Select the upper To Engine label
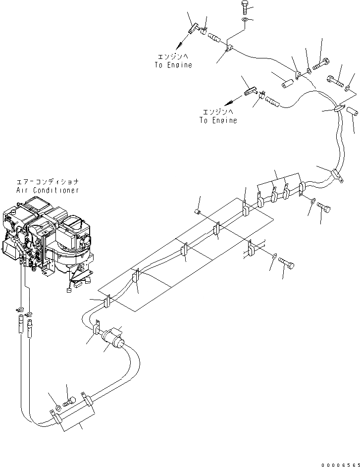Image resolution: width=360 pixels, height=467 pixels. (172, 65)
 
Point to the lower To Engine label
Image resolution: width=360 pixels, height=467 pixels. (218, 120)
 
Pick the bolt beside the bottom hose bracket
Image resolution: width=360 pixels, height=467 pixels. (72, 400)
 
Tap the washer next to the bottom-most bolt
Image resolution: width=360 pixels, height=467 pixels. (58, 407)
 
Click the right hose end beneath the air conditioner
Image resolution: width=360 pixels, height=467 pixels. (32, 327)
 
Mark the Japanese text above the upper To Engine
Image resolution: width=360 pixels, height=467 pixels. (173, 57)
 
